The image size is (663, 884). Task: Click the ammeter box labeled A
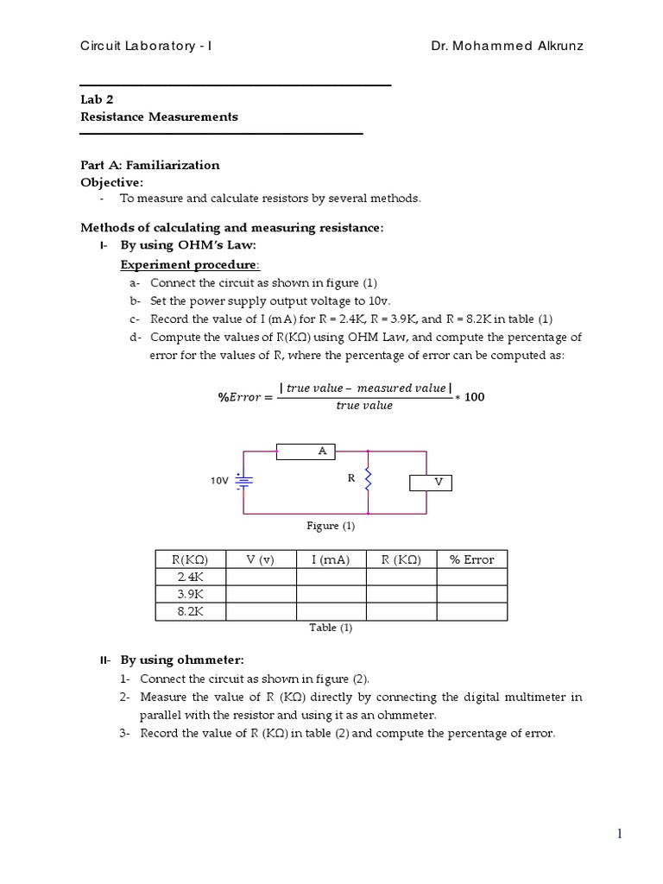click(x=306, y=451)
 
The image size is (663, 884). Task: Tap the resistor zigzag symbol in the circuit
click(x=369, y=477)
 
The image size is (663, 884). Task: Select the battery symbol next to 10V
click(x=244, y=482)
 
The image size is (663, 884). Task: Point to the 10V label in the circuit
click(x=219, y=482)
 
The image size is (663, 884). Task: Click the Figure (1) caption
click(x=331, y=525)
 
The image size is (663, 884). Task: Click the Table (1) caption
click(x=331, y=628)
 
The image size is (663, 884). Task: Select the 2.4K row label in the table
click(x=190, y=577)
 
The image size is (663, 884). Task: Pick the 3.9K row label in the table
click(x=190, y=594)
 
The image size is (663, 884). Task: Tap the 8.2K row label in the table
click(x=190, y=611)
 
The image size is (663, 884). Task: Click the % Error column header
click(x=471, y=559)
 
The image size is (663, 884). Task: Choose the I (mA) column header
click(x=331, y=559)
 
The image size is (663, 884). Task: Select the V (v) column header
click(x=260, y=559)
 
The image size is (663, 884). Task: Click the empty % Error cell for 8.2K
click(x=471, y=611)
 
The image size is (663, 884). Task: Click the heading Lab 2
click(x=97, y=99)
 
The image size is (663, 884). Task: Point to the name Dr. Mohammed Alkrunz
click(x=507, y=46)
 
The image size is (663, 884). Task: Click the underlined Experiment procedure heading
click(x=189, y=264)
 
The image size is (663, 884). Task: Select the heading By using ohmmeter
click(x=182, y=660)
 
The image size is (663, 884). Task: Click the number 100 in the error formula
click(x=475, y=396)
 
